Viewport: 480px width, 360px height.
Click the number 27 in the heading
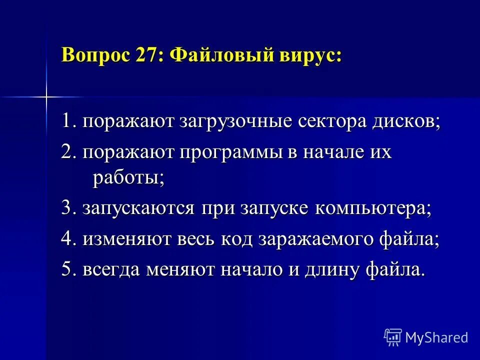pos(145,54)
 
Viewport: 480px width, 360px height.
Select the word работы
pos(128,178)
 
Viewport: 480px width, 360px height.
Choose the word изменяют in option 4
pos(126,239)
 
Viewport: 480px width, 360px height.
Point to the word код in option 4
pos(235,239)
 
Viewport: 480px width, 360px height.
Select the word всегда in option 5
pos(111,270)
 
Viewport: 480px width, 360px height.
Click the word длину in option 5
pos(323,270)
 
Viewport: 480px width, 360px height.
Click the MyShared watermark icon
pos(393,337)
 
